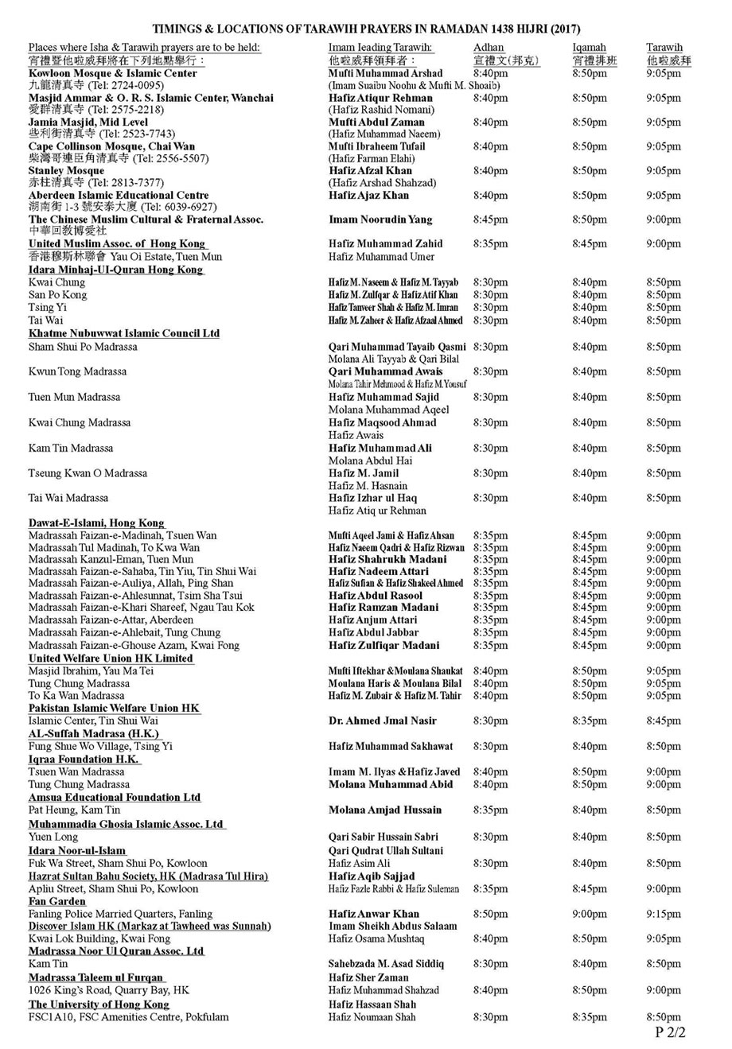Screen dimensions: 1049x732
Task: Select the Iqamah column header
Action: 589,48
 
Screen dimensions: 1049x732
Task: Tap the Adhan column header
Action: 488,48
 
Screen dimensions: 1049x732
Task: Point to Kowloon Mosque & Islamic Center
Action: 113,73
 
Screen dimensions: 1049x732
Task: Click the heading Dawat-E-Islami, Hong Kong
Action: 96,523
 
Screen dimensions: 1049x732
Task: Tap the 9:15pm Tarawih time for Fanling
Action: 664,915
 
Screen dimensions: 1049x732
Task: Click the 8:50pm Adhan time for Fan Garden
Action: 490,915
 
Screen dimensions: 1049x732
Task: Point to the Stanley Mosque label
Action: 66,171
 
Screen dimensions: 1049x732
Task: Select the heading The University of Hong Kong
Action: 99,1004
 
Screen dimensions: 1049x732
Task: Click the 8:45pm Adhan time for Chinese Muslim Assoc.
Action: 490,220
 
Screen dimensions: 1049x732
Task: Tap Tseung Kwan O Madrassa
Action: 88,473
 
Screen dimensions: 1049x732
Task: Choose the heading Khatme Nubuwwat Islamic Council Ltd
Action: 124,333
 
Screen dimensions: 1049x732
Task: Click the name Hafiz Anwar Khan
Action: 374,915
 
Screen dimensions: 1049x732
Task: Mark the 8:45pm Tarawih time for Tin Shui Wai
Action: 664,721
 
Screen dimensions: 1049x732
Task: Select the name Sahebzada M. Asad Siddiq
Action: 387,964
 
